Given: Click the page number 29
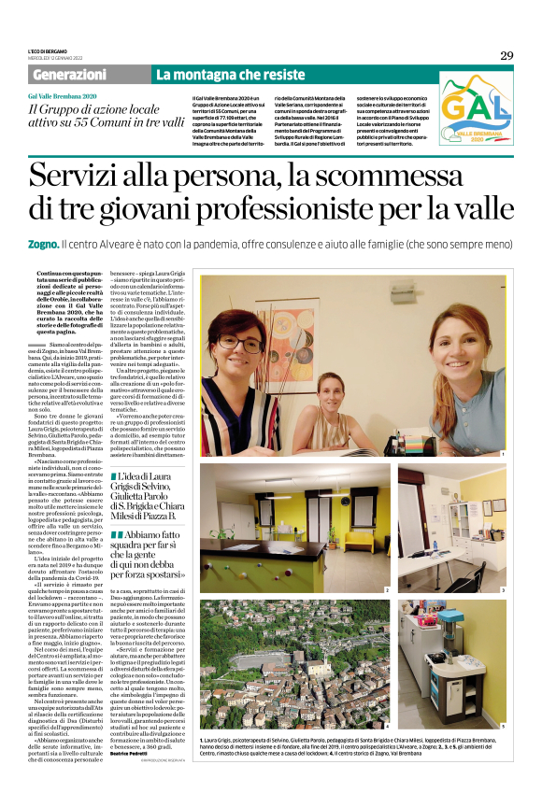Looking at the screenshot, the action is [x=506, y=55].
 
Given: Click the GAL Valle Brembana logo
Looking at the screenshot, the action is [x=476, y=110].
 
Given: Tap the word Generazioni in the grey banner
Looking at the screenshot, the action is [x=70, y=74].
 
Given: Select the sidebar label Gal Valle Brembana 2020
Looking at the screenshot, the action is [x=62, y=97].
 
